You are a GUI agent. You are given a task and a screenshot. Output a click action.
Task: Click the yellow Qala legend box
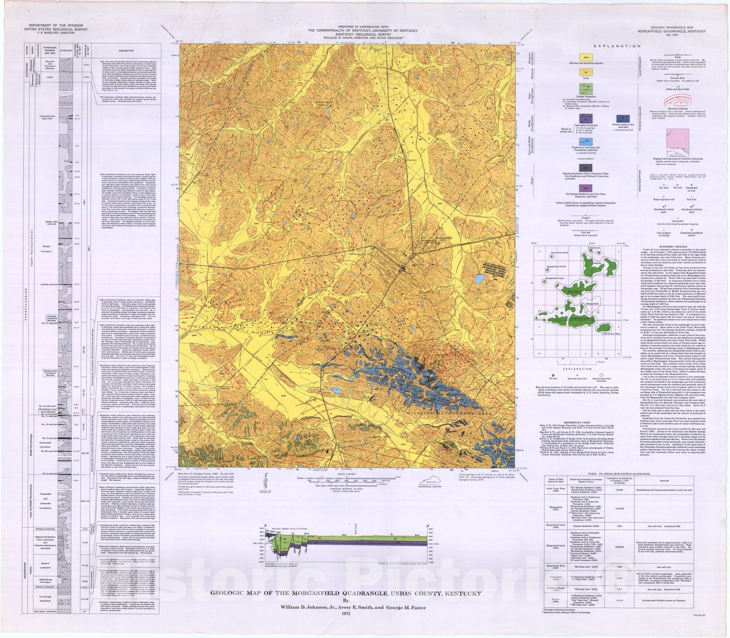pyautogui.click(x=586, y=58)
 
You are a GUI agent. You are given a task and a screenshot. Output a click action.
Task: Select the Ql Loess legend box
pyautogui.click(x=586, y=72)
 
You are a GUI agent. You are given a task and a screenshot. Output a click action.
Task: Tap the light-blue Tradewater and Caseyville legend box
pyautogui.click(x=586, y=141)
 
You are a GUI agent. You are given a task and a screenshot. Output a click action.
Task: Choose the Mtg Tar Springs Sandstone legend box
pyautogui.click(x=586, y=187)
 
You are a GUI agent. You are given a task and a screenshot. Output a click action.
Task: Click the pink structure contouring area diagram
pyautogui.click(x=677, y=143)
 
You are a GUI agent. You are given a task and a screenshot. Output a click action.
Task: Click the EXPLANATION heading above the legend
pyautogui.click(x=617, y=46)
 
